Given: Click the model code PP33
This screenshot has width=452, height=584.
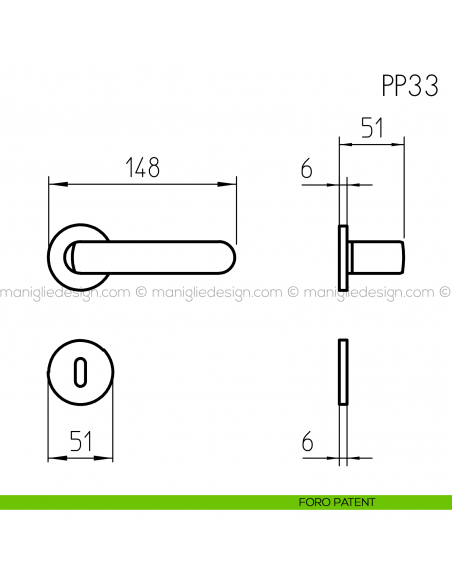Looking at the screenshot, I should (x=408, y=86).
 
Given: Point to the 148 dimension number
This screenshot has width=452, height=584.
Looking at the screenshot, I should (x=144, y=168).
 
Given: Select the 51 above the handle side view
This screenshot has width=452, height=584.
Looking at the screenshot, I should (x=372, y=129).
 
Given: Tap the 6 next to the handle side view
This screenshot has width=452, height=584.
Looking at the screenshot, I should (x=306, y=170).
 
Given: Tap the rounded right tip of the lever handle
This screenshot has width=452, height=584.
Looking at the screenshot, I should (x=232, y=257).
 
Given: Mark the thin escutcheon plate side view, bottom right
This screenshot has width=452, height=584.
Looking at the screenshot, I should (x=343, y=372).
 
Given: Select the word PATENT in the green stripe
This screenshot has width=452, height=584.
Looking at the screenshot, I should (x=354, y=502).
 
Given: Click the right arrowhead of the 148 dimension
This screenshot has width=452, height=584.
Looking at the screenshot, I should (x=235, y=184).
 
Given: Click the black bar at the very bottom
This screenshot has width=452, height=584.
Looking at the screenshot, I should (x=226, y=550).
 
